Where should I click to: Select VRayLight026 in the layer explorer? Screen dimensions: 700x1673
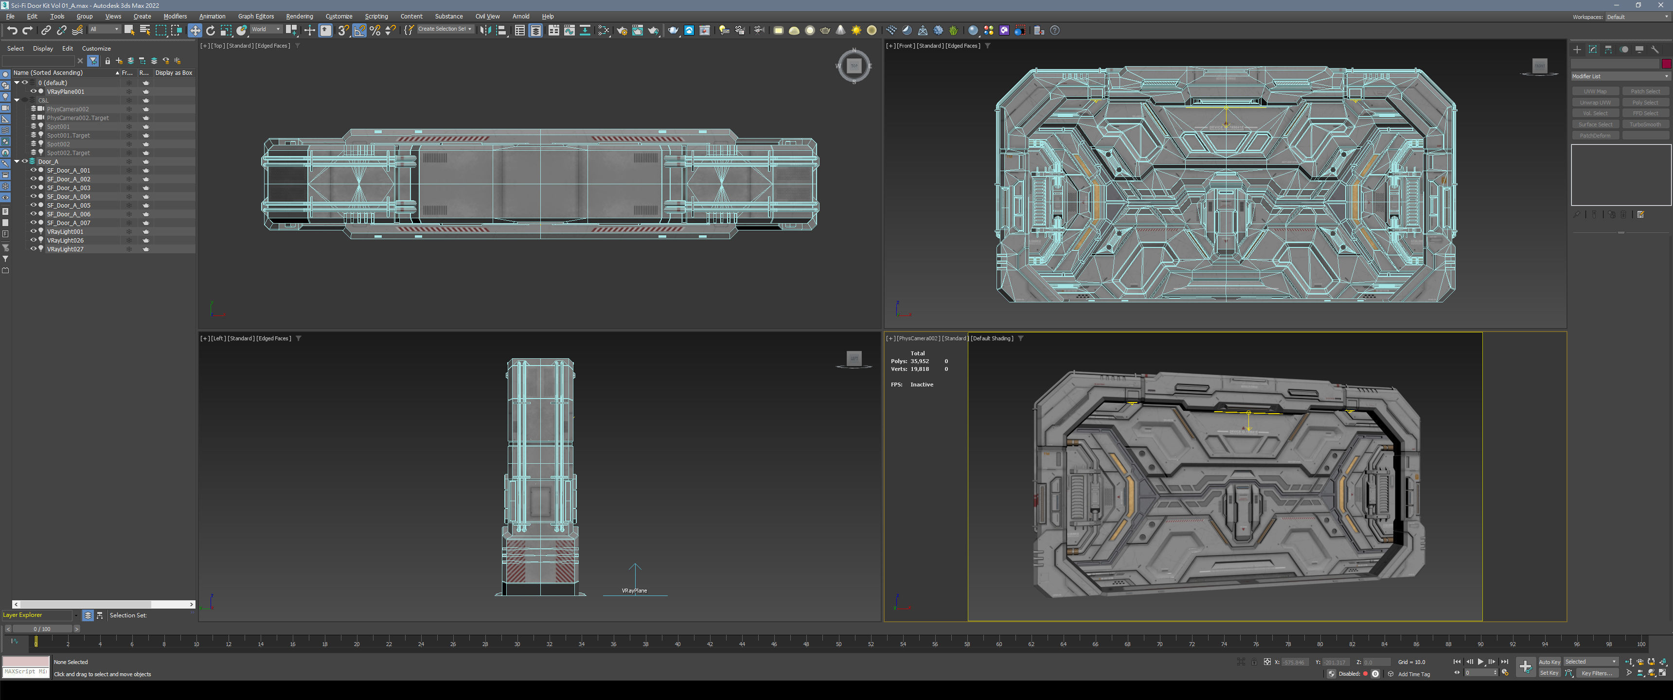point(65,240)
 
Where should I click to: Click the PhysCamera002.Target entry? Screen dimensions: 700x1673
point(77,118)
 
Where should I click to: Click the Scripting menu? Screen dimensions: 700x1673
point(376,16)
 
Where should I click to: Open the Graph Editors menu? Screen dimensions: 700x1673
point(255,16)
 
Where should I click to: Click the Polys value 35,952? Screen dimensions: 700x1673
point(919,361)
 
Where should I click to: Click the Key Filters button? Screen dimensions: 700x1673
point(1596,673)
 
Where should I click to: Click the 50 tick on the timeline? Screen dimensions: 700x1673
point(838,644)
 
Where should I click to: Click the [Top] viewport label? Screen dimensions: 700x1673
point(217,46)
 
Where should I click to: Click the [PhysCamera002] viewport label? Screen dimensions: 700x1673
point(917,338)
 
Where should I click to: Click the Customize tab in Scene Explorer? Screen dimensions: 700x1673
point(96,49)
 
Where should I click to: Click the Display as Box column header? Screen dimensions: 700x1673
point(174,73)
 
